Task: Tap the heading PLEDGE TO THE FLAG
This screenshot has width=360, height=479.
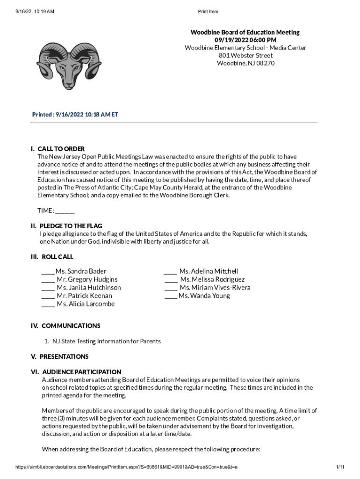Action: point(72,226)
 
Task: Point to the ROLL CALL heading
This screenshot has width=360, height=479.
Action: point(57,257)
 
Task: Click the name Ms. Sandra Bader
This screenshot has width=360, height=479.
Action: point(81,271)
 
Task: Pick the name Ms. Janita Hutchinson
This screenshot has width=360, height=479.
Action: point(88,288)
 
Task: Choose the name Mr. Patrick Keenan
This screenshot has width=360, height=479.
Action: point(84,296)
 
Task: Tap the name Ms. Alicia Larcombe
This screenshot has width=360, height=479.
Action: point(86,304)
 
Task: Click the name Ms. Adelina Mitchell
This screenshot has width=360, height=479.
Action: point(209,271)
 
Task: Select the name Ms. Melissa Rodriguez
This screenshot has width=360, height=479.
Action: point(212,279)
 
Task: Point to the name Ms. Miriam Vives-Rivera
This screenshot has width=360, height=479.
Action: point(215,288)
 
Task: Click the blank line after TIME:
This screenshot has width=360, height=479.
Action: point(65,210)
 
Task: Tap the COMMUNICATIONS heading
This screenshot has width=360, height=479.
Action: point(71,326)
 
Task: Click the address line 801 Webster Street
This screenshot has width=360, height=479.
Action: point(245,55)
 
